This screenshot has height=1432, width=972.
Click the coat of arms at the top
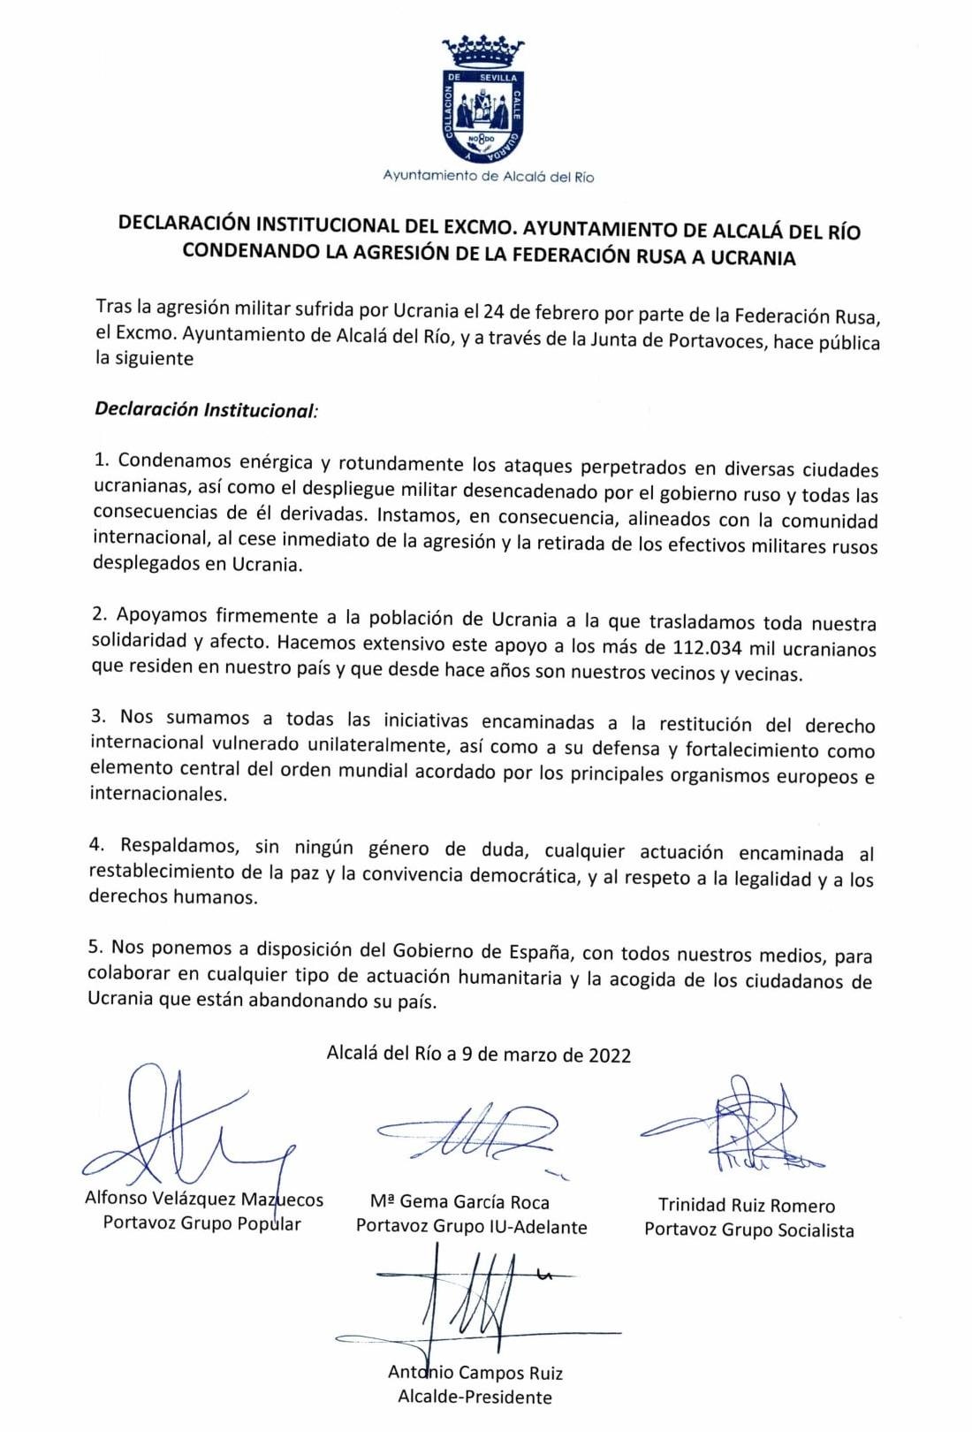[x=483, y=101]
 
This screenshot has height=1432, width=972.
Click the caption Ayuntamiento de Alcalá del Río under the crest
[x=488, y=176]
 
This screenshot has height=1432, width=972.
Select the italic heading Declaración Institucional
[x=204, y=410]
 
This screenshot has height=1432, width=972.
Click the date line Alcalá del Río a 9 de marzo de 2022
[x=478, y=1054]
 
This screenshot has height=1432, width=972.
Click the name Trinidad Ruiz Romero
[x=746, y=1205]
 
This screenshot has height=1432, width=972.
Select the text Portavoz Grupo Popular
[x=201, y=1223]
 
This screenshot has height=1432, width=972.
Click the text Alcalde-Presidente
[x=475, y=1398]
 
